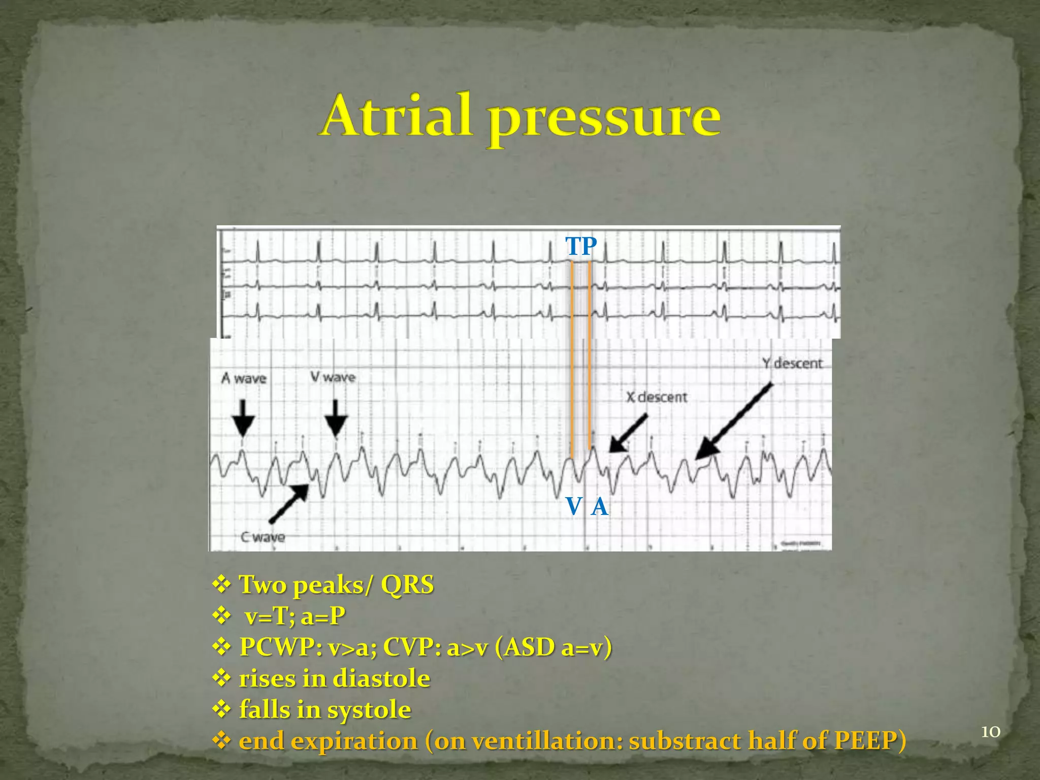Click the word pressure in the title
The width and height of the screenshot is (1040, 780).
pyautogui.click(x=604, y=119)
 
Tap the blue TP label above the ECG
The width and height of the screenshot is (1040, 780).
pyautogui.click(x=581, y=246)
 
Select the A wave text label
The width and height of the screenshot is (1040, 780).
pyautogui.click(x=244, y=378)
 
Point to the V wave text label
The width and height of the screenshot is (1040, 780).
pyautogui.click(x=333, y=377)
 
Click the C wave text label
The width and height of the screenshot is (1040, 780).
pyautogui.click(x=263, y=537)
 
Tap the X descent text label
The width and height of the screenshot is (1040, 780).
pyautogui.click(x=656, y=397)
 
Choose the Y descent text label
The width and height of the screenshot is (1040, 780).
pyautogui.click(x=792, y=363)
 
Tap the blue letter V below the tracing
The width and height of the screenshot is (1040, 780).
pyautogui.click(x=574, y=506)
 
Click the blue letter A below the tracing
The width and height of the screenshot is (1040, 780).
pyautogui.click(x=600, y=506)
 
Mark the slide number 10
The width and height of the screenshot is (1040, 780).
pyautogui.click(x=990, y=732)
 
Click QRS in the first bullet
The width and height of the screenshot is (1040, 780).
pyautogui.click(x=407, y=584)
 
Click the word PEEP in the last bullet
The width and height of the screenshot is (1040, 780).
pyautogui.click(x=865, y=740)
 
